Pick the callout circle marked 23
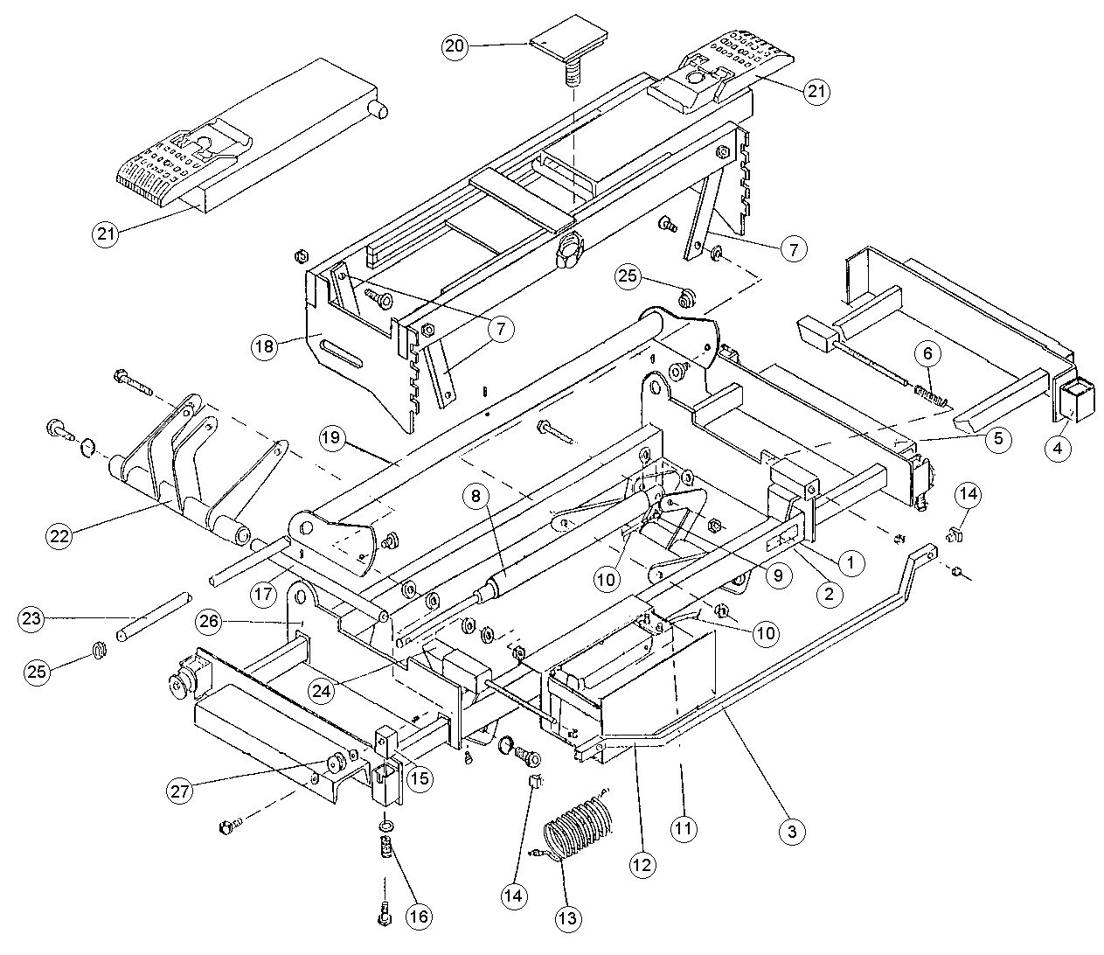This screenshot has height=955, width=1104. [32, 619]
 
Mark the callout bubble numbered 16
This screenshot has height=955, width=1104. [418, 916]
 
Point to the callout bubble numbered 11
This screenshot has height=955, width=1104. [684, 827]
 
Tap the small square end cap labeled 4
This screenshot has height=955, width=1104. [1072, 399]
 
